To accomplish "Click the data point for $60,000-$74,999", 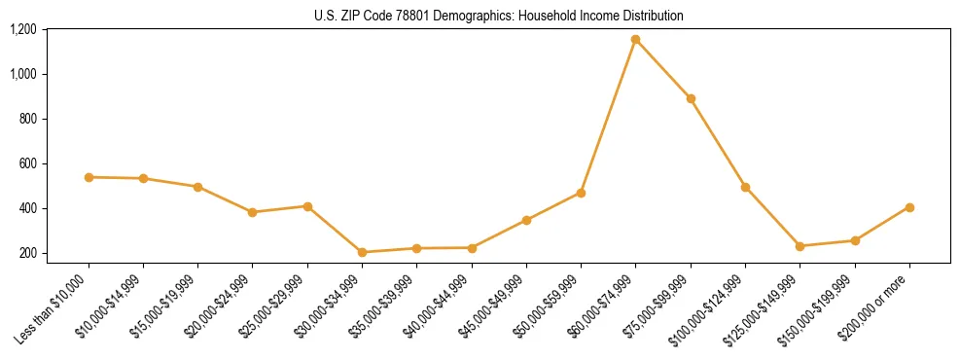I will click(635, 40).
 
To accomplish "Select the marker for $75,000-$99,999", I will click(691, 98).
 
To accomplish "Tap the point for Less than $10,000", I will click(89, 177).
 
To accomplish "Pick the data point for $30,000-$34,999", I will click(362, 252).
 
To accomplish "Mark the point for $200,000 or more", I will click(909, 207).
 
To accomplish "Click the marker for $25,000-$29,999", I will click(307, 206).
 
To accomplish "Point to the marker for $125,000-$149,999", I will click(800, 246).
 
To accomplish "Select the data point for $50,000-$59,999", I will click(581, 193).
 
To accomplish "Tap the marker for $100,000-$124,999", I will click(745, 187).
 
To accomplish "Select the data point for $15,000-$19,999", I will click(197, 187).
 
